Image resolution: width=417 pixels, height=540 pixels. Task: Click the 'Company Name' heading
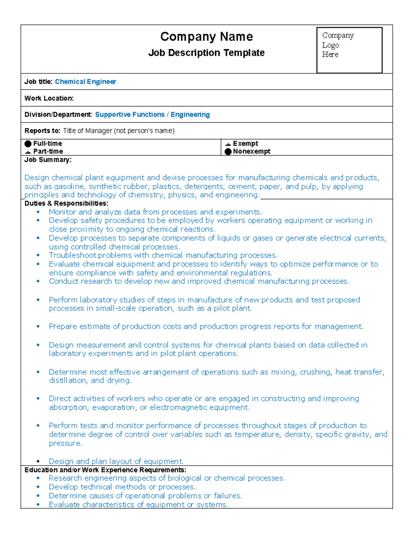(x=206, y=37)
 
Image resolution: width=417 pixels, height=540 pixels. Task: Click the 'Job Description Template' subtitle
(x=206, y=53)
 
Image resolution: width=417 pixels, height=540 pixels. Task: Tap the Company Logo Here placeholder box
(x=349, y=50)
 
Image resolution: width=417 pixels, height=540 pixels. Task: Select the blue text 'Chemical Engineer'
(x=85, y=82)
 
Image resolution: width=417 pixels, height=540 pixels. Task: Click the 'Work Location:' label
(x=49, y=98)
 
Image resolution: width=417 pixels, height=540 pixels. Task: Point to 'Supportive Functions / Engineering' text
(x=152, y=115)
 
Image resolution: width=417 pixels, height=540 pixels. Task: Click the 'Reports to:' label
(x=42, y=131)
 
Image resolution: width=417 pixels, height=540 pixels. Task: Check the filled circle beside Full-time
(x=28, y=144)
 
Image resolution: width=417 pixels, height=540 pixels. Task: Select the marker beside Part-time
(x=28, y=152)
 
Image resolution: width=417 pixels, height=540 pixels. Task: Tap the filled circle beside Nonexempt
(x=228, y=152)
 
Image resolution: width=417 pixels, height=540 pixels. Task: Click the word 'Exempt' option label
(x=245, y=144)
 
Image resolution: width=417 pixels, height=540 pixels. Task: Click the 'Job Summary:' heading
(x=48, y=160)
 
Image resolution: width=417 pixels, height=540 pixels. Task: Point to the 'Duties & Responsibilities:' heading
(x=66, y=203)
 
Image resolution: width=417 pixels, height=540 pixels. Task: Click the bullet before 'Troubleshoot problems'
(x=38, y=256)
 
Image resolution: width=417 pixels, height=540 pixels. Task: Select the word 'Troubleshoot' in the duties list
(x=73, y=256)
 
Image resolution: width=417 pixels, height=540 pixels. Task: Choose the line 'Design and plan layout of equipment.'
(x=116, y=461)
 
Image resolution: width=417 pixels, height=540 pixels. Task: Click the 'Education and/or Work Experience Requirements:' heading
(x=105, y=470)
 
